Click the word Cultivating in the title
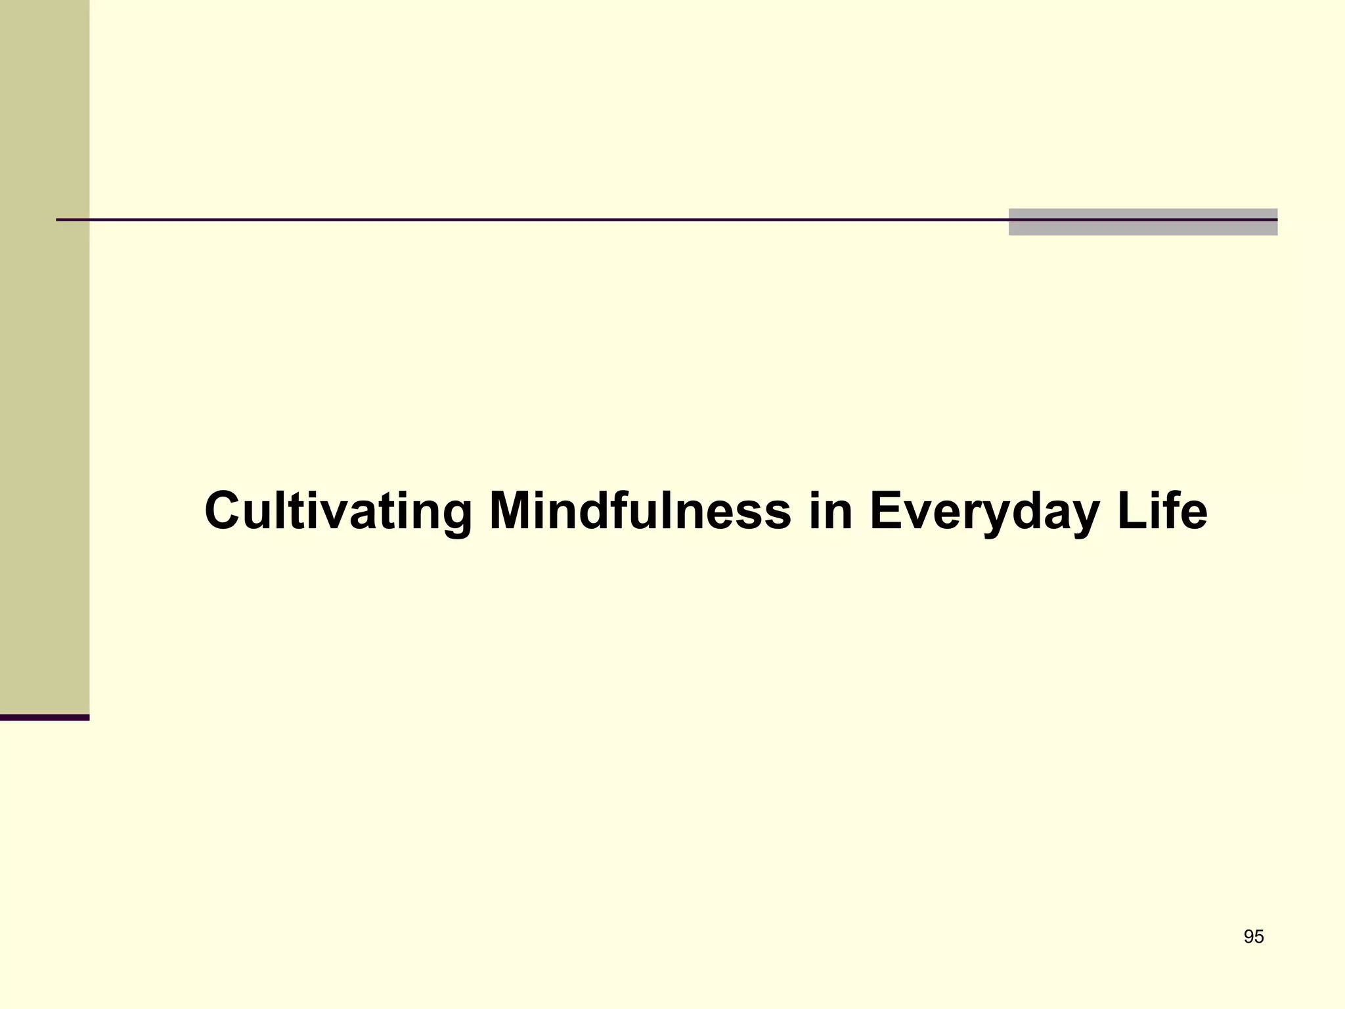click(338, 511)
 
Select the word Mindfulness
click(640, 511)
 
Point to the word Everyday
click(983, 511)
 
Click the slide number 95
click(1254, 937)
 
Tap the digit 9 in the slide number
click(1248, 937)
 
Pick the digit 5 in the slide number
click(1259, 937)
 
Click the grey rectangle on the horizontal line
click(1143, 227)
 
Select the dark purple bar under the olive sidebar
click(45, 717)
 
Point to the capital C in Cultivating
click(223, 511)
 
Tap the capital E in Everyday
click(886, 511)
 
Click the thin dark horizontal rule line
click(525, 219)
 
